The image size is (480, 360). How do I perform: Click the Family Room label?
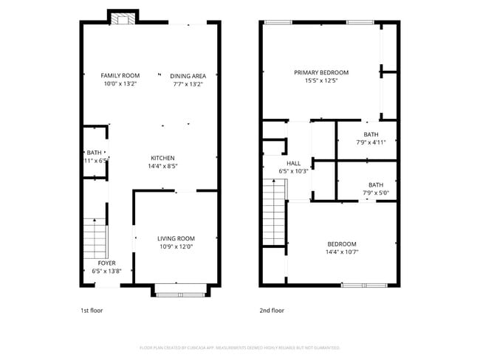pyautogui.click(x=120, y=75)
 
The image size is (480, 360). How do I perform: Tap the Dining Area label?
pyautogui.click(x=188, y=75)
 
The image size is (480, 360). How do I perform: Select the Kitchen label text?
pyautogui.click(x=162, y=158)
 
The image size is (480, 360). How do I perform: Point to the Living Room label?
pyautogui.click(x=176, y=238)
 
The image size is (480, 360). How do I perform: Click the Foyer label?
pyautogui.click(x=106, y=263)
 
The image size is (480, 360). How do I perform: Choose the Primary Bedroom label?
pyautogui.click(x=321, y=72)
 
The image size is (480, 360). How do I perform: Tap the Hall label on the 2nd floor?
pyautogui.click(x=293, y=163)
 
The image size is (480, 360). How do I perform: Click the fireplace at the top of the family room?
pyautogui.click(x=121, y=18)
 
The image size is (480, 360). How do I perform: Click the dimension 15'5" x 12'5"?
pyautogui.click(x=321, y=80)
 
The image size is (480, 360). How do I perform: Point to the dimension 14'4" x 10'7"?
pyautogui.click(x=342, y=252)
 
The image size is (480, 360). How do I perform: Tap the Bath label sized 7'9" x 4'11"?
pyautogui.click(x=371, y=134)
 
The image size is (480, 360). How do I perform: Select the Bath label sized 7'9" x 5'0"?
pyautogui.click(x=376, y=185)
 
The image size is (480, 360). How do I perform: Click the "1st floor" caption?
pyautogui.click(x=92, y=311)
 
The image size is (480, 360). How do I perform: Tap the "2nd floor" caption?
pyautogui.click(x=271, y=311)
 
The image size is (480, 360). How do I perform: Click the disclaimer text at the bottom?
pyautogui.click(x=239, y=347)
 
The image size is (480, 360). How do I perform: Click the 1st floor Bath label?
pyautogui.click(x=94, y=152)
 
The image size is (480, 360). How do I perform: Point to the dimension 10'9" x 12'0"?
pyautogui.click(x=176, y=246)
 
